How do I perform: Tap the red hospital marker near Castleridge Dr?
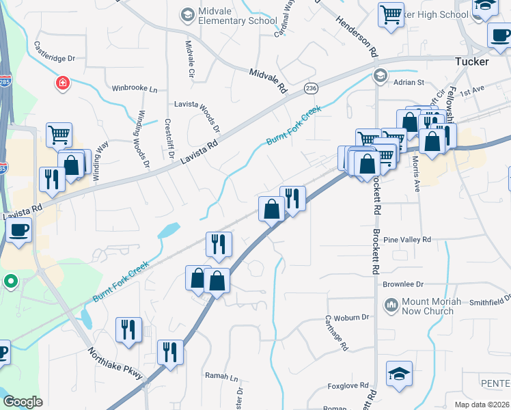(x=62, y=83)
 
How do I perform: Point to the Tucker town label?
(x=472, y=61)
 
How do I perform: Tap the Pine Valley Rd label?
(x=407, y=240)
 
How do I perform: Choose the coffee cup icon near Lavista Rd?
(x=20, y=229)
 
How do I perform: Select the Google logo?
(x=23, y=401)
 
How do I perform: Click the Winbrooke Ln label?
(x=135, y=89)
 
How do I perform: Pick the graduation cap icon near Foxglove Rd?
(x=399, y=374)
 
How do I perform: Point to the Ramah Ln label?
(x=221, y=377)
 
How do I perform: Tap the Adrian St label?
(x=409, y=82)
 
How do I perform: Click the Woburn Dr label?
(x=355, y=317)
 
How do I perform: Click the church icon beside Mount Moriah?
(x=391, y=304)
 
